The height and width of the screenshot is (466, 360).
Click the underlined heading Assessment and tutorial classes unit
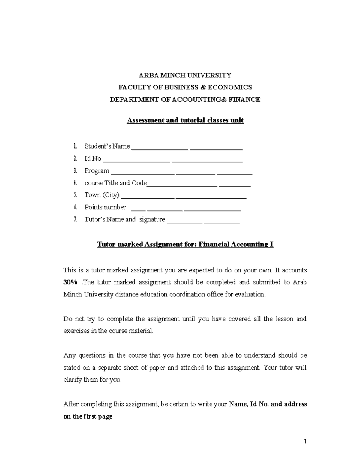click(x=185, y=120)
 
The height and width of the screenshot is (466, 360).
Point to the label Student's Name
click(x=107, y=146)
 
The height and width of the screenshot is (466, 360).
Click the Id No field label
click(x=93, y=158)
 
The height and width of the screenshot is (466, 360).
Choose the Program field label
click(x=97, y=171)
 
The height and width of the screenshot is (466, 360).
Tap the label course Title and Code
click(x=115, y=183)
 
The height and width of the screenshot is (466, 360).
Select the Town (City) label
click(x=102, y=195)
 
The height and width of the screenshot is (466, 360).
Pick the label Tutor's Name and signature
click(x=124, y=219)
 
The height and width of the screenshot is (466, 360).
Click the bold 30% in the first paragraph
click(x=70, y=282)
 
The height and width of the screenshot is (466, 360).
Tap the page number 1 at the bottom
click(x=305, y=441)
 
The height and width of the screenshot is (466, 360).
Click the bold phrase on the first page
click(x=88, y=416)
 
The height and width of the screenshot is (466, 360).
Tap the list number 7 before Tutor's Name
click(x=76, y=219)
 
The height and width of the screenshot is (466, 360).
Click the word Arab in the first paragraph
click(x=299, y=282)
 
